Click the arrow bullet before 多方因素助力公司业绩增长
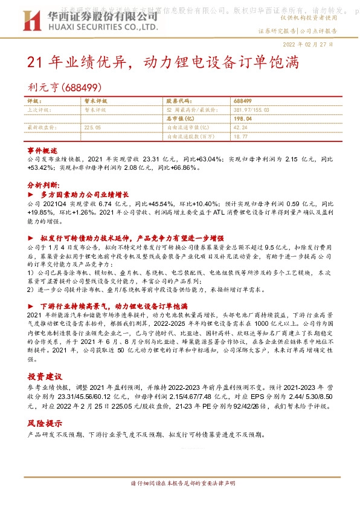click(31, 195)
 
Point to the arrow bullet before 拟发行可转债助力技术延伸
click(31, 238)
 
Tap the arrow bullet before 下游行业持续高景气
click(31, 306)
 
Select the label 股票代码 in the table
click(178, 101)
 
